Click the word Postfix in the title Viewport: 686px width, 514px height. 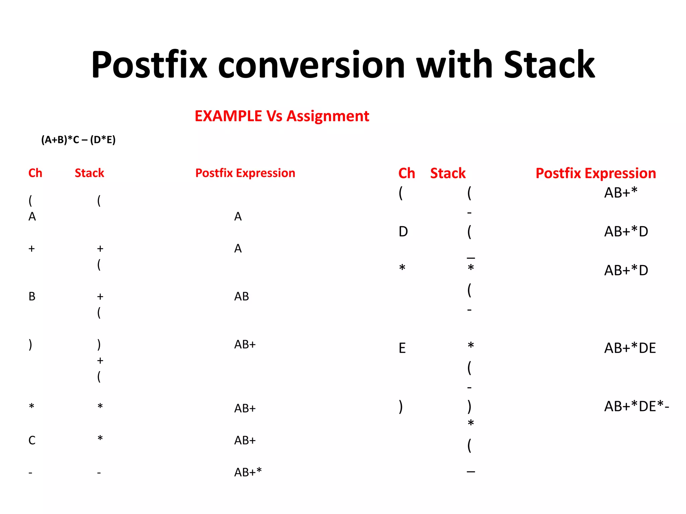point(149,65)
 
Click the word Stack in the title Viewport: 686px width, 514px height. point(549,65)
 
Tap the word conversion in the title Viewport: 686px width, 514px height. point(312,65)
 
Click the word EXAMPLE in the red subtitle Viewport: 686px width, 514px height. point(228,116)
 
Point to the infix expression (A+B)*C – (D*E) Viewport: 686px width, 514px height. point(78,140)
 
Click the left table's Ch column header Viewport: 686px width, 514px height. point(35,173)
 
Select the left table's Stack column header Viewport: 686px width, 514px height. point(89,173)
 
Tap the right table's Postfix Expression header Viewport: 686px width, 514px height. point(596,173)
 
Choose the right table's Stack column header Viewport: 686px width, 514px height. point(448,173)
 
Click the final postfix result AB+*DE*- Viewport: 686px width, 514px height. point(636,407)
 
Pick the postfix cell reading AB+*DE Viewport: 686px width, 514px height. point(630,348)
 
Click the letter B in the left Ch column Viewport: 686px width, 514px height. point(32,296)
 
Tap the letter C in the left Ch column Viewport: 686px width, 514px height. point(32,440)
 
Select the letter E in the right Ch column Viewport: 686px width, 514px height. point(402,348)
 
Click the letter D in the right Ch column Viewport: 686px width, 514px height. point(403,232)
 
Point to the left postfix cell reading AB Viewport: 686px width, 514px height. point(242,296)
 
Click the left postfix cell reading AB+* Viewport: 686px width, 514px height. point(248,472)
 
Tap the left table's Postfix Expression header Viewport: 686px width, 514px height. point(245,173)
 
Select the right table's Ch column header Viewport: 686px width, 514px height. point(407,173)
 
